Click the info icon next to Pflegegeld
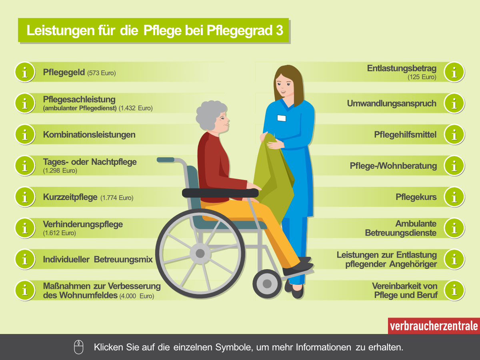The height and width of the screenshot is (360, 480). tap(25, 72)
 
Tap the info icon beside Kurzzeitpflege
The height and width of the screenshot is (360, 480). tap(25, 197)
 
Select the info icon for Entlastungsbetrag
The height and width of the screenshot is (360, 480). tap(454, 72)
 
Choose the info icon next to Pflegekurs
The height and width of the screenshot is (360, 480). tap(454, 197)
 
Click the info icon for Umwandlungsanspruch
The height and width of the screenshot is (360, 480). tap(454, 103)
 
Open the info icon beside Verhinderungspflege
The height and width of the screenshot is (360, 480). tap(25, 228)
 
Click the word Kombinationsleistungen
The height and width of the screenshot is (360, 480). tap(89, 135)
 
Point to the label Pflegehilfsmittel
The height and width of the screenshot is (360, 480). tap(405, 135)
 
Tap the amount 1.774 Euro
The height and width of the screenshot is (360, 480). tap(117, 198)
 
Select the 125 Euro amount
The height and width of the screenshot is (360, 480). tap(422, 77)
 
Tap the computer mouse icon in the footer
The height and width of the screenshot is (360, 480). tap(79, 347)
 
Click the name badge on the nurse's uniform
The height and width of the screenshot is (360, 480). tap(282, 118)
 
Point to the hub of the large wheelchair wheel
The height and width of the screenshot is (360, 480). tap(200, 253)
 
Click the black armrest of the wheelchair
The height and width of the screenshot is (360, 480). tap(220, 193)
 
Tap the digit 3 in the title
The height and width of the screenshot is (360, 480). tap(279, 30)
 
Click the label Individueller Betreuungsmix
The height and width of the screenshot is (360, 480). tap(98, 260)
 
